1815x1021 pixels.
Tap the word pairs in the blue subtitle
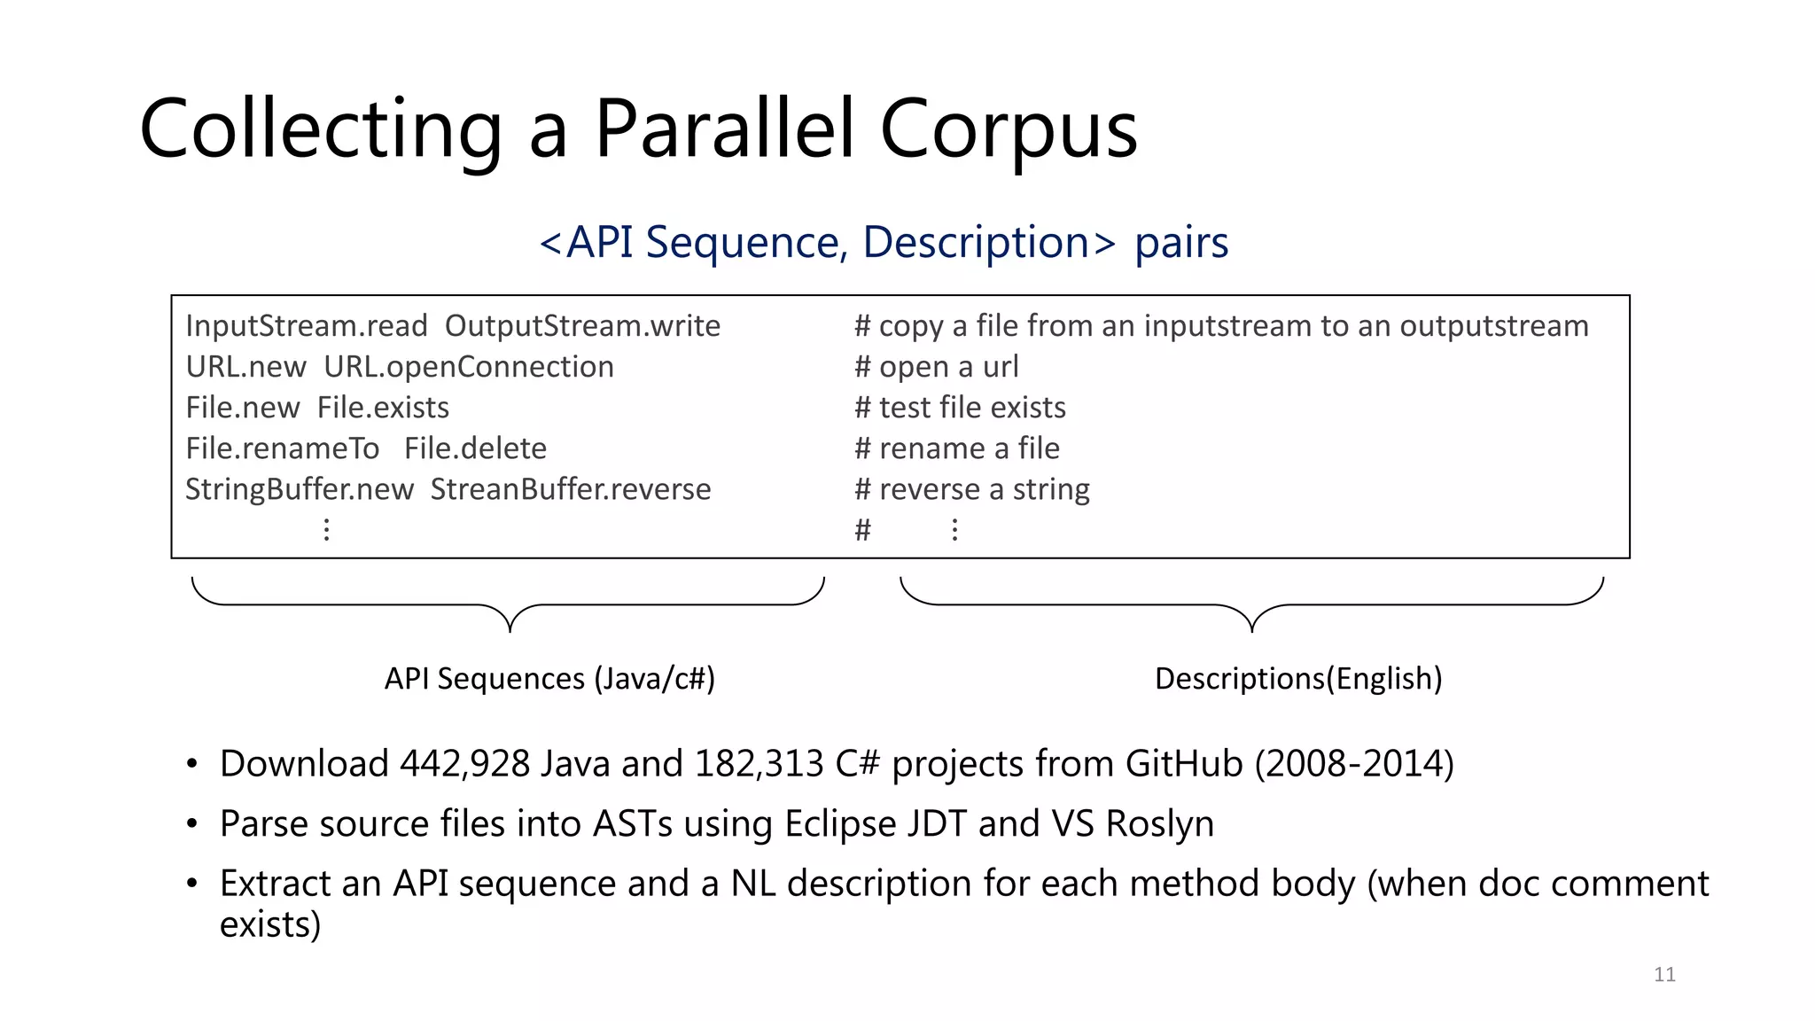(x=1180, y=242)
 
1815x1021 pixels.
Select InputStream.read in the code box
(x=306, y=326)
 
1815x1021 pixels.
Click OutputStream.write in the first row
(x=581, y=326)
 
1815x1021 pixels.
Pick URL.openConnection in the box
(x=468, y=367)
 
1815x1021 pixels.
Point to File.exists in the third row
(x=383, y=408)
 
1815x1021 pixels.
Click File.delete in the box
(x=475, y=448)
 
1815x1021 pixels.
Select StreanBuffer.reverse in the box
(x=570, y=489)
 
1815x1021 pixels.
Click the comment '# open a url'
(x=936, y=367)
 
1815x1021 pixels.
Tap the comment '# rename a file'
(x=956, y=448)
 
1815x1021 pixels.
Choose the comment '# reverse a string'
(x=971, y=489)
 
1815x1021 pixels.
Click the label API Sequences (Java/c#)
(x=549, y=679)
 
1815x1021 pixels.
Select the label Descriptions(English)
(x=1298, y=679)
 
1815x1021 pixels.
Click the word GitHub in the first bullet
(x=1184, y=764)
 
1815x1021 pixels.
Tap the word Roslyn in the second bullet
(x=1159, y=824)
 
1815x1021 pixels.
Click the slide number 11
(x=1664, y=975)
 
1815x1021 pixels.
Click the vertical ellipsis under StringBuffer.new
(x=327, y=530)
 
